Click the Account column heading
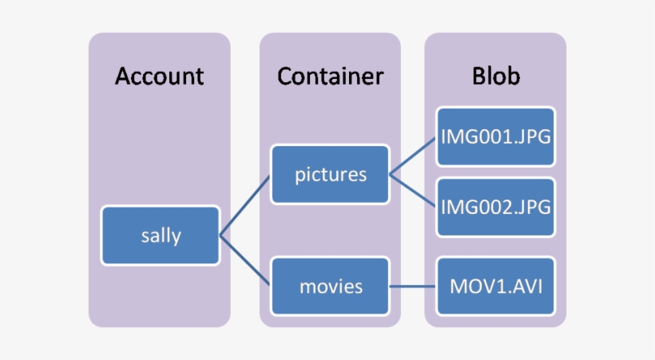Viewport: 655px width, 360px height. point(159,77)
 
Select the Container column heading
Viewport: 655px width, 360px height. point(330,77)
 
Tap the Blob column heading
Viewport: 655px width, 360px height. point(495,77)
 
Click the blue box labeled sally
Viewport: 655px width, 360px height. point(160,235)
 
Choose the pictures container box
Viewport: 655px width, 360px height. point(330,174)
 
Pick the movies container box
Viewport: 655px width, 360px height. point(330,285)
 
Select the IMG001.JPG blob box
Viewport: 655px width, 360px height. point(495,136)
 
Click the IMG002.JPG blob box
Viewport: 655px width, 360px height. point(495,207)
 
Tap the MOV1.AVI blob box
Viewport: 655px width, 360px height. point(495,285)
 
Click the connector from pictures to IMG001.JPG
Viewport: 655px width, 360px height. point(413,156)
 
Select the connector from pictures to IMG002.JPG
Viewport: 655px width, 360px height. point(413,191)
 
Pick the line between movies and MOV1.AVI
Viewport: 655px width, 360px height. point(413,285)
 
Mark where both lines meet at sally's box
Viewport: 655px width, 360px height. point(220,235)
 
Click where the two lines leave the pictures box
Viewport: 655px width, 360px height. point(390,174)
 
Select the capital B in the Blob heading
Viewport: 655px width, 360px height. point(478,77)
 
